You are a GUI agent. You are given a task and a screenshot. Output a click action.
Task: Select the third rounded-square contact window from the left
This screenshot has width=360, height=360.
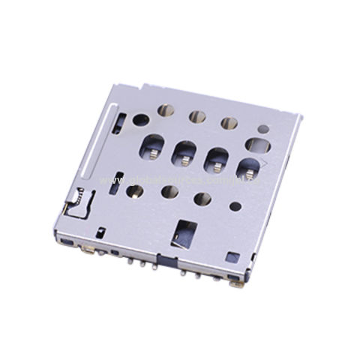217,159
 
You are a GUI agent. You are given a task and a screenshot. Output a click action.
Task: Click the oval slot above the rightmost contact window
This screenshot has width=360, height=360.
256,144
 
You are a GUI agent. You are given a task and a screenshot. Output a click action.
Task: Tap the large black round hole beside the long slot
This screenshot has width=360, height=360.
140,119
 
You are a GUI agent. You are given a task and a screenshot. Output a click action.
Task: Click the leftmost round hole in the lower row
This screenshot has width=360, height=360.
135,190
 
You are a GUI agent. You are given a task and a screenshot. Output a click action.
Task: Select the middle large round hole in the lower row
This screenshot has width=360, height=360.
170,193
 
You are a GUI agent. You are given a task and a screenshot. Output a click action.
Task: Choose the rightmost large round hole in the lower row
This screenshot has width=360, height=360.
202,199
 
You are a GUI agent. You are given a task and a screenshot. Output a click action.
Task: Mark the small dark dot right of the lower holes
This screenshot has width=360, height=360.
235,206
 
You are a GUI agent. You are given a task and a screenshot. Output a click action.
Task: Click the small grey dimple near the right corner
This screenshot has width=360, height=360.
263,128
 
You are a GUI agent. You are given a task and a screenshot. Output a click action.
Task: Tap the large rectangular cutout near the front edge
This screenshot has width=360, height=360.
184,234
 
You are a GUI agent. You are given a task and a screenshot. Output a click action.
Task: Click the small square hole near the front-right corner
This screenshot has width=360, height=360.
232,257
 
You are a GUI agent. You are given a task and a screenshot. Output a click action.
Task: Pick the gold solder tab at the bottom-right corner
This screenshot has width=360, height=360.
237,283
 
